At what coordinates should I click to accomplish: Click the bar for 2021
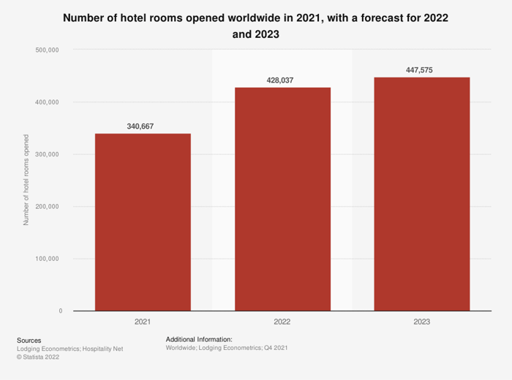143,222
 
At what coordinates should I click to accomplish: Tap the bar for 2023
422,194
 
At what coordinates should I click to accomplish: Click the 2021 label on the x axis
143,322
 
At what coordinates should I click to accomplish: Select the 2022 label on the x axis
282,322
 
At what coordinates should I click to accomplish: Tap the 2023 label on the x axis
422,322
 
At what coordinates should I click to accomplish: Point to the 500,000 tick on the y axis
48,50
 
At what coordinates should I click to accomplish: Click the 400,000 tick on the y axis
48,102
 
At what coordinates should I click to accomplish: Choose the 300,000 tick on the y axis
48,154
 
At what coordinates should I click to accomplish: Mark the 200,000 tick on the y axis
48,207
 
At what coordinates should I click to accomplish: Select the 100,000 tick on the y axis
48,259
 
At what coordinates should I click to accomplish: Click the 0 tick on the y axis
60,311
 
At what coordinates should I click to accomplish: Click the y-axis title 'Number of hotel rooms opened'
26,180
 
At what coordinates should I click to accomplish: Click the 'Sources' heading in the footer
29,340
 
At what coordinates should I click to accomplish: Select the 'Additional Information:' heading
199,339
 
